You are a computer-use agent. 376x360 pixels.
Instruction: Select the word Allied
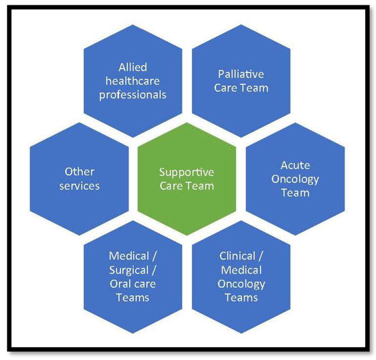coord(133,67)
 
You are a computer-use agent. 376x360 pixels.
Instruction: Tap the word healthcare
coord(133,81)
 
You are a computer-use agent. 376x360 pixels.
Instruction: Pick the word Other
coord(79,172)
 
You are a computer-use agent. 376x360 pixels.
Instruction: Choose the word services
coord(79,185)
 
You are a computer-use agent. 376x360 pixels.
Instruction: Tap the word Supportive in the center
coord(187,172)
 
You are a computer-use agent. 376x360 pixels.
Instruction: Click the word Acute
coord(295,166)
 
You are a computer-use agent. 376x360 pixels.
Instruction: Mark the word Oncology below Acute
coord(295,179)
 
